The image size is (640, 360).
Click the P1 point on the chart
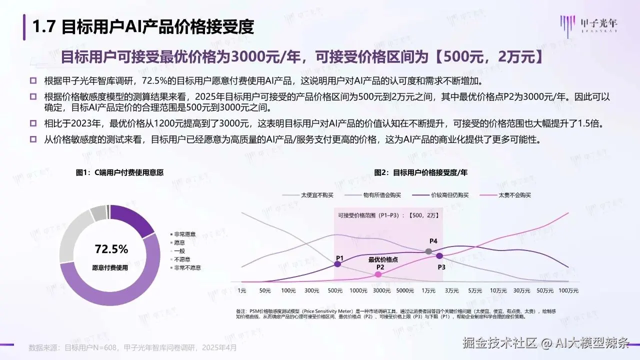(x=337, y=264)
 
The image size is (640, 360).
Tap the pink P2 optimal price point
(x=378, y=274)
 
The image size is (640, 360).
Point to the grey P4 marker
(x=428, y=251)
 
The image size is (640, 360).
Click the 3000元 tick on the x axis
(x=381, y=290)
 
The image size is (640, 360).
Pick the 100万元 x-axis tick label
(x=568, y=290)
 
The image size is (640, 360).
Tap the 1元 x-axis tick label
(x=242, y=290)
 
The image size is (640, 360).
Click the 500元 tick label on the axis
(x=335, y=290)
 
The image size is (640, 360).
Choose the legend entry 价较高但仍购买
(x=449, y=195)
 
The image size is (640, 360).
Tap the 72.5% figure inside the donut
(x=111, y=248)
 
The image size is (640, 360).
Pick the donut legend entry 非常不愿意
(x=187, y=267)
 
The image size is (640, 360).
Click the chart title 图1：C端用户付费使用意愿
(x=119, y=172)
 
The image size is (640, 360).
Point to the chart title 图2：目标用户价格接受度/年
(x=420, y=172)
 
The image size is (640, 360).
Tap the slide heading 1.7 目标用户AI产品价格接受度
(x=143, y=27)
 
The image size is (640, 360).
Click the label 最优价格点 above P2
(x=383, y=259)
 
